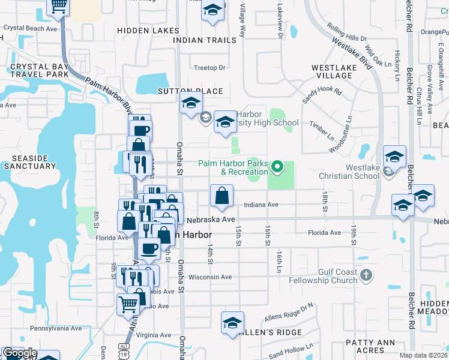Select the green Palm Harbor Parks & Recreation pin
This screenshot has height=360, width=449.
[277, 167]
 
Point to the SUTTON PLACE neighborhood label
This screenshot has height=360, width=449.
[190, 91]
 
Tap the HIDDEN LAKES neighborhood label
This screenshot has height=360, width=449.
[148, 30]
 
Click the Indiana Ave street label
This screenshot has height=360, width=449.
[261, 205]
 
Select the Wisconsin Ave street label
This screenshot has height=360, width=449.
[210, 277]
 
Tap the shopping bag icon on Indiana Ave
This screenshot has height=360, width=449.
[221, 196]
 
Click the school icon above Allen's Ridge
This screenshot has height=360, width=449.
[233, 323]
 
